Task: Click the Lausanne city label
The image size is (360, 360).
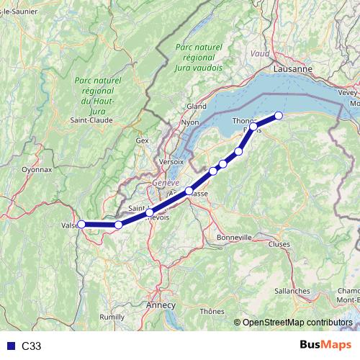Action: [x=293, y=68]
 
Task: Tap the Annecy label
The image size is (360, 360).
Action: [x=160, y=305]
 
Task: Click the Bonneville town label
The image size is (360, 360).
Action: [x=234, y=236]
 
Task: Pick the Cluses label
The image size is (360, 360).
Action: [x=278, y=244]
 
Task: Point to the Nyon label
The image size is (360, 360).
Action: [x=190, y=122]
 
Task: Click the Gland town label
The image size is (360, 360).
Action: [x=197, y=106]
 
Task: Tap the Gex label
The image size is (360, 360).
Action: [x=142, y=140]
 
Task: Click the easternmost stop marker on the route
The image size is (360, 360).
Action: [x=279, y=115]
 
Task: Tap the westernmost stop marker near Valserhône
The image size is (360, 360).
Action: [x=81, y=224]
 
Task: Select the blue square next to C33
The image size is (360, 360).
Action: [x=9, y=346]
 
